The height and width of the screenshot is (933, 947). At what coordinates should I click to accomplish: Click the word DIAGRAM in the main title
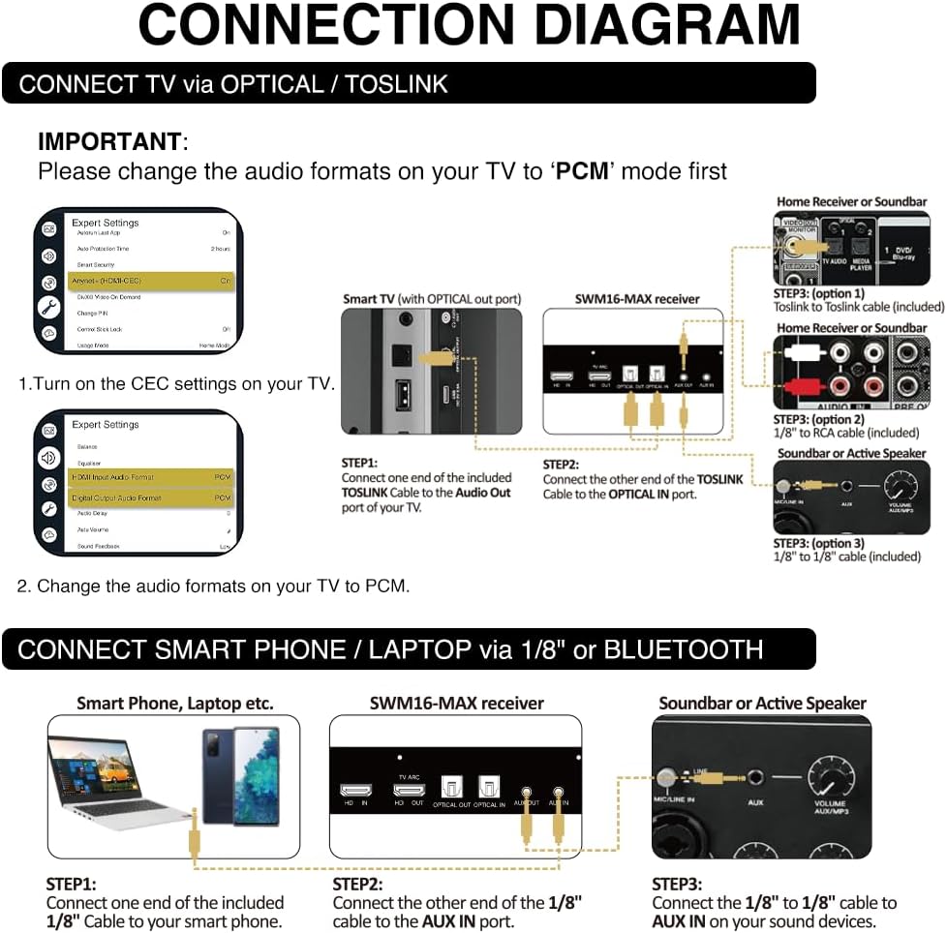(668, 26)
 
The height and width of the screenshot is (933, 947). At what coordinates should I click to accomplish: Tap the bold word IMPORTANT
(108, 141)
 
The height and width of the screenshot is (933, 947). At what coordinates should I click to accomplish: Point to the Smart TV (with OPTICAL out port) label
(431, 299)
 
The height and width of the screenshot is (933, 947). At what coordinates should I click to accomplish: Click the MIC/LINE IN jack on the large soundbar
(665, 776)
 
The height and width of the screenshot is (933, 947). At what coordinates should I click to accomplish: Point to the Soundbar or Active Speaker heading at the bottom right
(762, 704)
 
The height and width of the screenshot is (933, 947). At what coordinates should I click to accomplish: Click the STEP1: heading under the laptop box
(72, 884)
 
